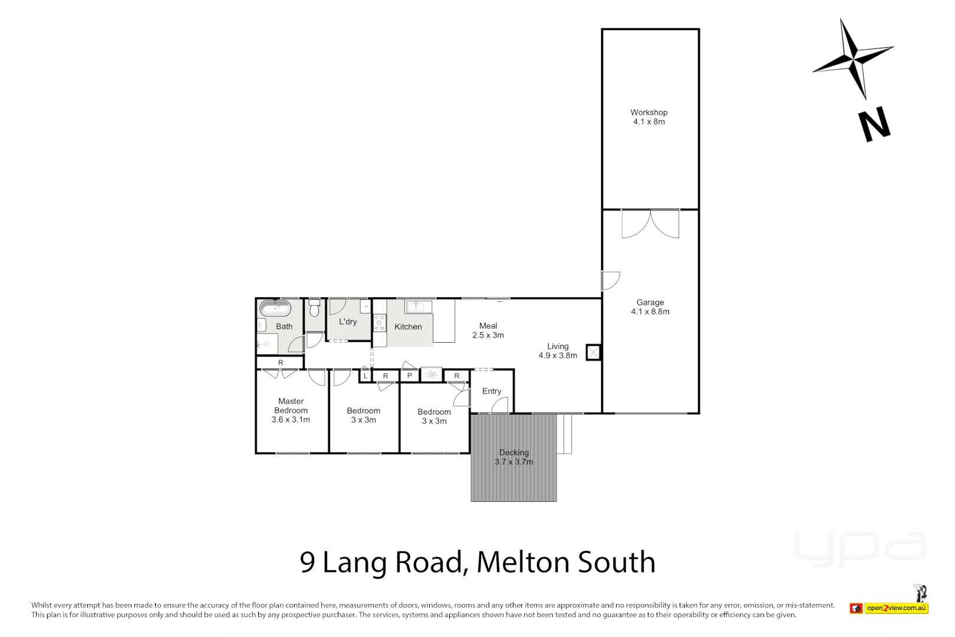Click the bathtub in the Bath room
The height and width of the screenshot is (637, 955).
pos(275,308)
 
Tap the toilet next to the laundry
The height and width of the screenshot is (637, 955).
pos(314,308)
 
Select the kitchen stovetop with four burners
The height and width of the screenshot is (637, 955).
pos(380,323)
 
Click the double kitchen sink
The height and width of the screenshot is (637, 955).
pos(419,307)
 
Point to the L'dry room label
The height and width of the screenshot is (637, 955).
pos(348,321)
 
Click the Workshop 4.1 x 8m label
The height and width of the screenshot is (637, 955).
pos(649,117)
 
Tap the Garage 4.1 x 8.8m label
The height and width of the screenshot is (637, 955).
pos(650,307)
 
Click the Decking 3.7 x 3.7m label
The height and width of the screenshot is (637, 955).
pos(513,457)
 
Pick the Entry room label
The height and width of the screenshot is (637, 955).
pos(492,391)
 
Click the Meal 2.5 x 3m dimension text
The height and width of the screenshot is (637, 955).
pos(488,335)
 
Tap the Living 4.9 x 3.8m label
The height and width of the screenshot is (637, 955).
pos(558,351)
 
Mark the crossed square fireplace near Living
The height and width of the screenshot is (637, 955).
pos(593,353)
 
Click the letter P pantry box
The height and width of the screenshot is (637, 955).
pos(410,376)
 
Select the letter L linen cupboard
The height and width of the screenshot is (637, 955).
pos(365,376)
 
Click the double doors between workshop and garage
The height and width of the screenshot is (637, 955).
pos(650,224)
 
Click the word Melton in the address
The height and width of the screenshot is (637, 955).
pos(522,562)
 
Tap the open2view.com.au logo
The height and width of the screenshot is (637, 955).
pos(895,608)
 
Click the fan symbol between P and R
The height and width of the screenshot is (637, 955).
pos(432,375)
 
